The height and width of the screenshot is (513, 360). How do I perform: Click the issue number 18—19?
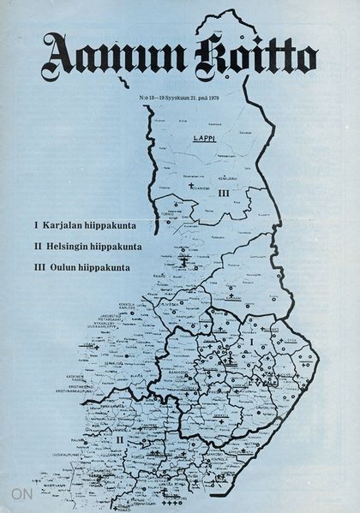(x=154, y=99)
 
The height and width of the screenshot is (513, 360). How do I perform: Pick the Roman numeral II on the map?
(x=120, y=438)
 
